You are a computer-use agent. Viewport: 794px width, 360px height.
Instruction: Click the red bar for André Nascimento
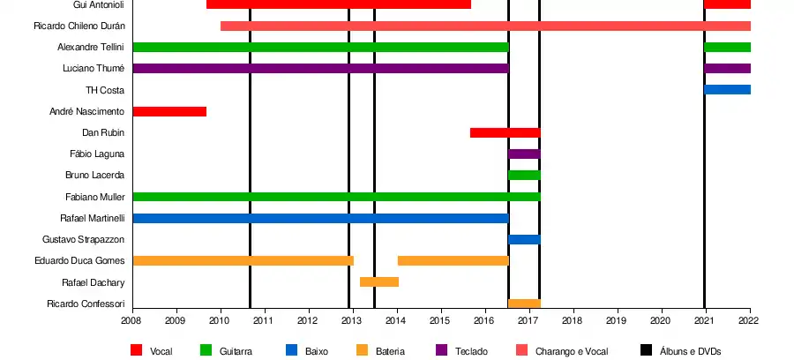coord(169,111)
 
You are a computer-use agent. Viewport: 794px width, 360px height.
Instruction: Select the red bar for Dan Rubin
coord(505,132)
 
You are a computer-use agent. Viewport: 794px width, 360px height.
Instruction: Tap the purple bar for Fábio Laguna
coord(524,154)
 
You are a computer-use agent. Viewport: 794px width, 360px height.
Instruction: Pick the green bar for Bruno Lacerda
coord(524,175)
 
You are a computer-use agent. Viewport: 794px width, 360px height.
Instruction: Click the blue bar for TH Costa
coord(727,90)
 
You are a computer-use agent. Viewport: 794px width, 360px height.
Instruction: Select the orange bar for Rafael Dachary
coord(379,282)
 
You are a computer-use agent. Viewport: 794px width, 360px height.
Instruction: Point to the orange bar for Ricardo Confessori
coord(524,304)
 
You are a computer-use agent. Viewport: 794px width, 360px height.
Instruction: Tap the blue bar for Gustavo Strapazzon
coord(524,239)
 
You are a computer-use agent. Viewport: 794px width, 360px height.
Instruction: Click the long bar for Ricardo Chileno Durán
coord(485,26)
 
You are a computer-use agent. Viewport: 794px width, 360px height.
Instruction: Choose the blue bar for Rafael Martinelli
coord(320,218)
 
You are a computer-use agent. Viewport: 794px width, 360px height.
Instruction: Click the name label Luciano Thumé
coord(94,69)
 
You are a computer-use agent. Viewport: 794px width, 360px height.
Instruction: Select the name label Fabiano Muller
coord(94,197)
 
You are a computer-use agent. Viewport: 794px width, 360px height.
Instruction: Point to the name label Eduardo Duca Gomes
coord(79,261)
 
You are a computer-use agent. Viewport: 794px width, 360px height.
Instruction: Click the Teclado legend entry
coord(470,351)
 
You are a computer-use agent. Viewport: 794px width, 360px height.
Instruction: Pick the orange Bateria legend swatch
coord(362,350)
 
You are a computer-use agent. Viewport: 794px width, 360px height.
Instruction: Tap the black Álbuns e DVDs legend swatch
coord(647,350)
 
